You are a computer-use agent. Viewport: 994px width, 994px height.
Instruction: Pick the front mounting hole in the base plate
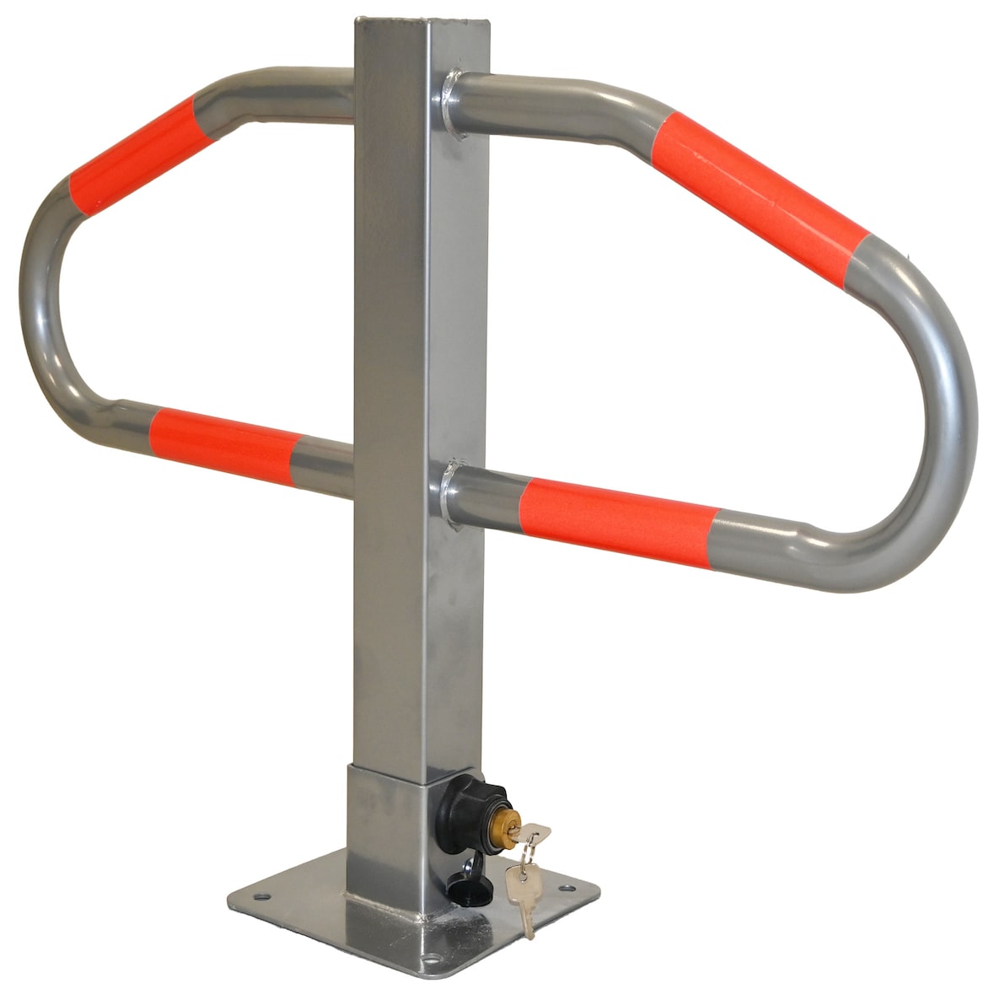point(433,959)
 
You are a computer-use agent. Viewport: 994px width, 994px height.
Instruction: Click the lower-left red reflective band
point(223,444)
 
